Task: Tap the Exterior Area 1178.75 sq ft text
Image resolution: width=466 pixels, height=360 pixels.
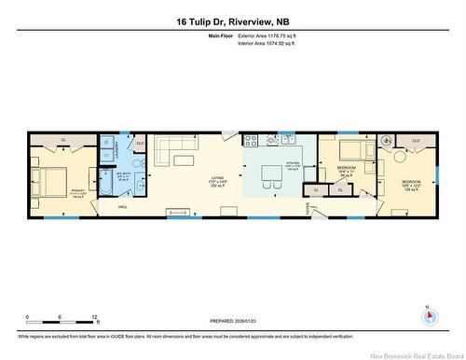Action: (272, 35)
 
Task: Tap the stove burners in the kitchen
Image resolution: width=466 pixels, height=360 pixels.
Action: (250, 141)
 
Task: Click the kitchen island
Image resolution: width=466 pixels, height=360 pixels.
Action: (272, 173)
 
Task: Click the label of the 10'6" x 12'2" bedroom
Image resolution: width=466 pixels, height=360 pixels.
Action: (410, 183)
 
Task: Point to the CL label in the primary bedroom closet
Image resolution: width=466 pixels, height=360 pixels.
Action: (62, 141)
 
